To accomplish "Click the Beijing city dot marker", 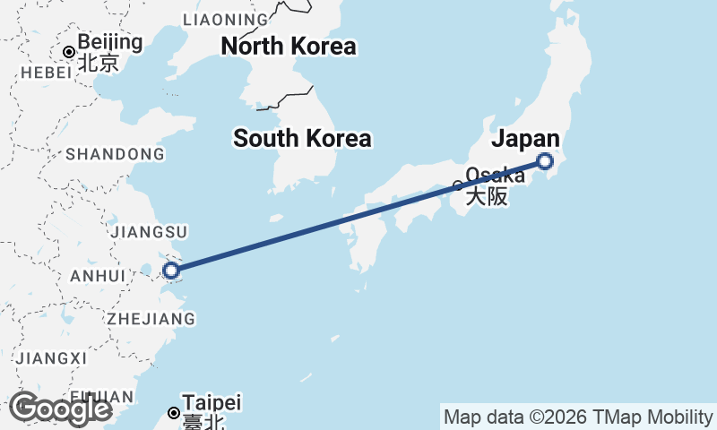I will [x=67, y=51].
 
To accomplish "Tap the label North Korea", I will [x=289, y=47].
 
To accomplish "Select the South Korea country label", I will [x=302, y=139].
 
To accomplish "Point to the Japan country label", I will [x=525, y=139].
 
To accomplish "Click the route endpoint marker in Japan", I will [x=544, y=161].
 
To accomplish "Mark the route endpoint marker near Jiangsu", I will [x=170, y=270].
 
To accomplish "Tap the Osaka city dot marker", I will [x=458, y=186].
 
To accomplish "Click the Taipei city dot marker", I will [x=174, y=413].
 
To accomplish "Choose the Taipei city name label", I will [x=212, y=403].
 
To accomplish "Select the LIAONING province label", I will [x=225, y=19].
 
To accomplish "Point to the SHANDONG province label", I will [x=115, y=154].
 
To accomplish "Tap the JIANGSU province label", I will [x=150, y=232].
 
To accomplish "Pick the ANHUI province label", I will [x=98, y=276].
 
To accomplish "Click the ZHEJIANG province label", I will [x=151, y=319].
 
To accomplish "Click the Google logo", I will [x=60, y=408].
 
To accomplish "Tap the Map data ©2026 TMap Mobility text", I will [x=577, y=417].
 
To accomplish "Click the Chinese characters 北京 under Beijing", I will [x=98, y=63].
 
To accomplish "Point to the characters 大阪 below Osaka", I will [x=486, y=196].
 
